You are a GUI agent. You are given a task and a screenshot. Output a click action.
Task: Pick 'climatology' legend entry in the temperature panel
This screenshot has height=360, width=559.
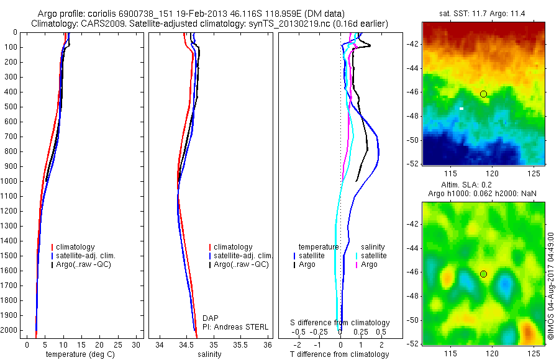(x=76, y=247)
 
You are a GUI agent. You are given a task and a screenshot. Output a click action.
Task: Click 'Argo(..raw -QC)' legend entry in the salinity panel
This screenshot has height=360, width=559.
(x=240, y=264)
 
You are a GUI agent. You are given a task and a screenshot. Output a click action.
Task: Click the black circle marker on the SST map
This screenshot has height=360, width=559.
(x=483, y=94)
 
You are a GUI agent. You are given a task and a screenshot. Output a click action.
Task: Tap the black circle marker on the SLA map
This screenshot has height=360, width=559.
(x=483, y=274)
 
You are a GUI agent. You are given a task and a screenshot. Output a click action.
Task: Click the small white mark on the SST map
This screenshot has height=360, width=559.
(x=461, y=108)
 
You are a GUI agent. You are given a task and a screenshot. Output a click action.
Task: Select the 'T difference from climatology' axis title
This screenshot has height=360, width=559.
(x=339, y=354)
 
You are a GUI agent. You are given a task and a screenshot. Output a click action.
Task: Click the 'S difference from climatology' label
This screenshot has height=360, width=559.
(x=340, y=323)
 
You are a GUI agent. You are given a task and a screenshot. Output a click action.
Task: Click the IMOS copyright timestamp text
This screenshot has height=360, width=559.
(x=550, y=286)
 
